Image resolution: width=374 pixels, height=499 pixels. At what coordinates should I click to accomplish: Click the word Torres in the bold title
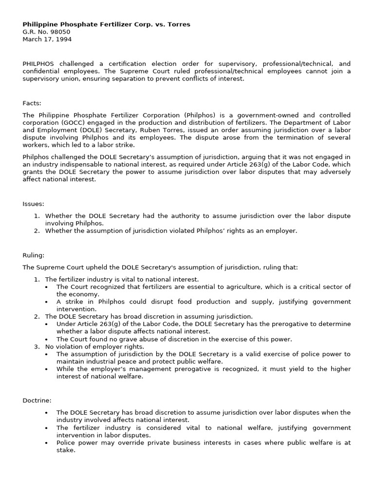click(179, 24)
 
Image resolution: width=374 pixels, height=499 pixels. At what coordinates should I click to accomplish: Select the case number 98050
click(60, 32)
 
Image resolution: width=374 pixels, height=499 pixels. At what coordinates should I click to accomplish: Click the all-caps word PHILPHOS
click(38, 64)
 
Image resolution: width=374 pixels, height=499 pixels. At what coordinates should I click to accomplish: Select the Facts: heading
click(32, 103)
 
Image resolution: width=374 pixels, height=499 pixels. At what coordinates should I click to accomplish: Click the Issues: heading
click(34, 204)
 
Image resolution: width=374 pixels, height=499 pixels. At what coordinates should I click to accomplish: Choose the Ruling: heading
click(34, 255)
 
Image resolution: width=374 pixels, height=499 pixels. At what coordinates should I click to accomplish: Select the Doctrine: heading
click(37, 400)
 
